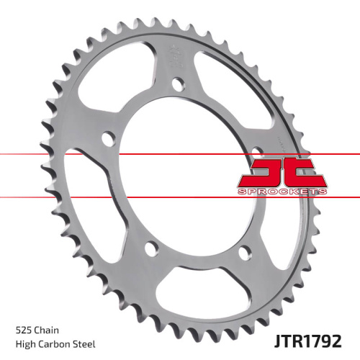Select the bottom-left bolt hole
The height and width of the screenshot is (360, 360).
(150, 248)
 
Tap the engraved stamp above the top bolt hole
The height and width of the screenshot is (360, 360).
(175, 54)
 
